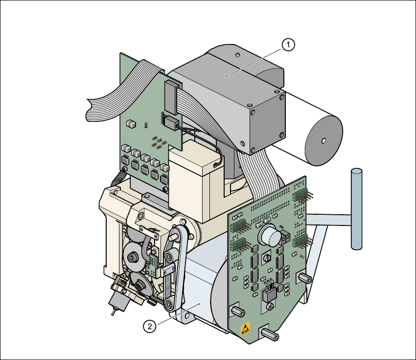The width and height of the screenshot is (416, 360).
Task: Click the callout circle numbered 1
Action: coord(289,45)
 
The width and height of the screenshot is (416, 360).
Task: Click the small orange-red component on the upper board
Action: coord(145,126)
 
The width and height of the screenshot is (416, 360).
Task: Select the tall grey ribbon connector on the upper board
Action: coord(170,96)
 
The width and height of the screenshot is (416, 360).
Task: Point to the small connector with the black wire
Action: coord(170,123)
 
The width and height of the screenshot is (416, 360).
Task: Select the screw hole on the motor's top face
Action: coord(236,54)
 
